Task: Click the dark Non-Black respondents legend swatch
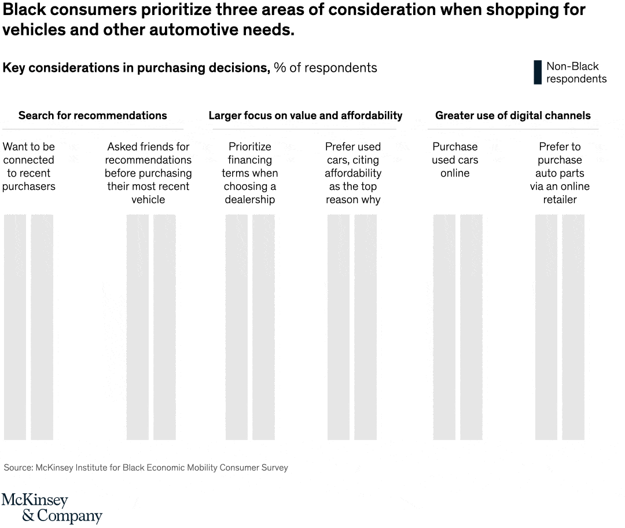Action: [538, 73]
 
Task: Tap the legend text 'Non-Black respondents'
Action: [576, 73]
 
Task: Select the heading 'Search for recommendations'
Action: [93, 115]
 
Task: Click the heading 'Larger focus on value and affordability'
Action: [305, 115]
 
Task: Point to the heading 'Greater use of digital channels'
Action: [513, 115]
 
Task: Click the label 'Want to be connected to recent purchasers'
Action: [28, 167]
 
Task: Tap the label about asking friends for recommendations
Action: [148, 173]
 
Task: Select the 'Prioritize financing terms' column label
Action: [250, 173]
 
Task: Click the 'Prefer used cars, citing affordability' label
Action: [353, 173]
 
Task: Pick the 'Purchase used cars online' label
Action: [455, 160]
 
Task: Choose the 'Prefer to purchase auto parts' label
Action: [560, 173]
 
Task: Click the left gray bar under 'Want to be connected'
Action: [15, 327]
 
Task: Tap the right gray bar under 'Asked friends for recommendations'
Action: [164, 327]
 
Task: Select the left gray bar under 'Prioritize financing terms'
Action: [236, 327]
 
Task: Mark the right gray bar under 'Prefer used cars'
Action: [365, 327]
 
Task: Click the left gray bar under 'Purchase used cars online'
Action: [444, 327]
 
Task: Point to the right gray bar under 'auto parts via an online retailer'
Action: [573, 327]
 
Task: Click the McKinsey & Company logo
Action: [52, 508]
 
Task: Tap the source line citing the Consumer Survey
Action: [146, 467]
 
